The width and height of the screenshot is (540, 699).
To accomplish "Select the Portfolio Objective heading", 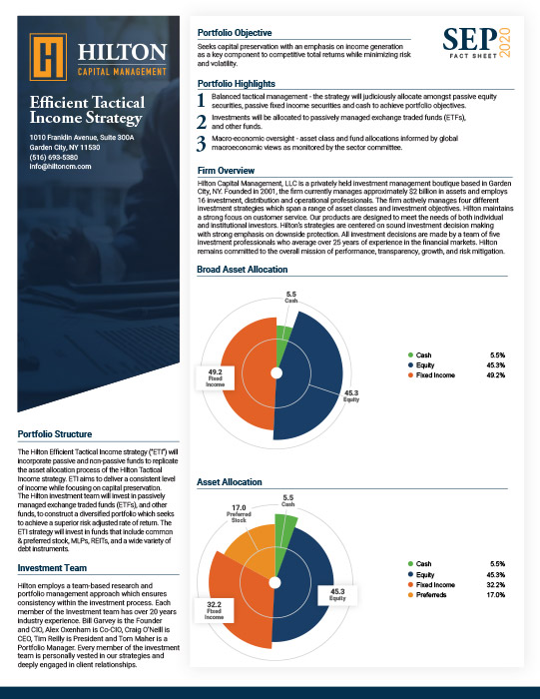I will pos(244,33).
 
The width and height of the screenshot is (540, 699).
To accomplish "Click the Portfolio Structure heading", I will pos(62,434).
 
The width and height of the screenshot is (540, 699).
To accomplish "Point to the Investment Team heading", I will pos(56,568).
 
